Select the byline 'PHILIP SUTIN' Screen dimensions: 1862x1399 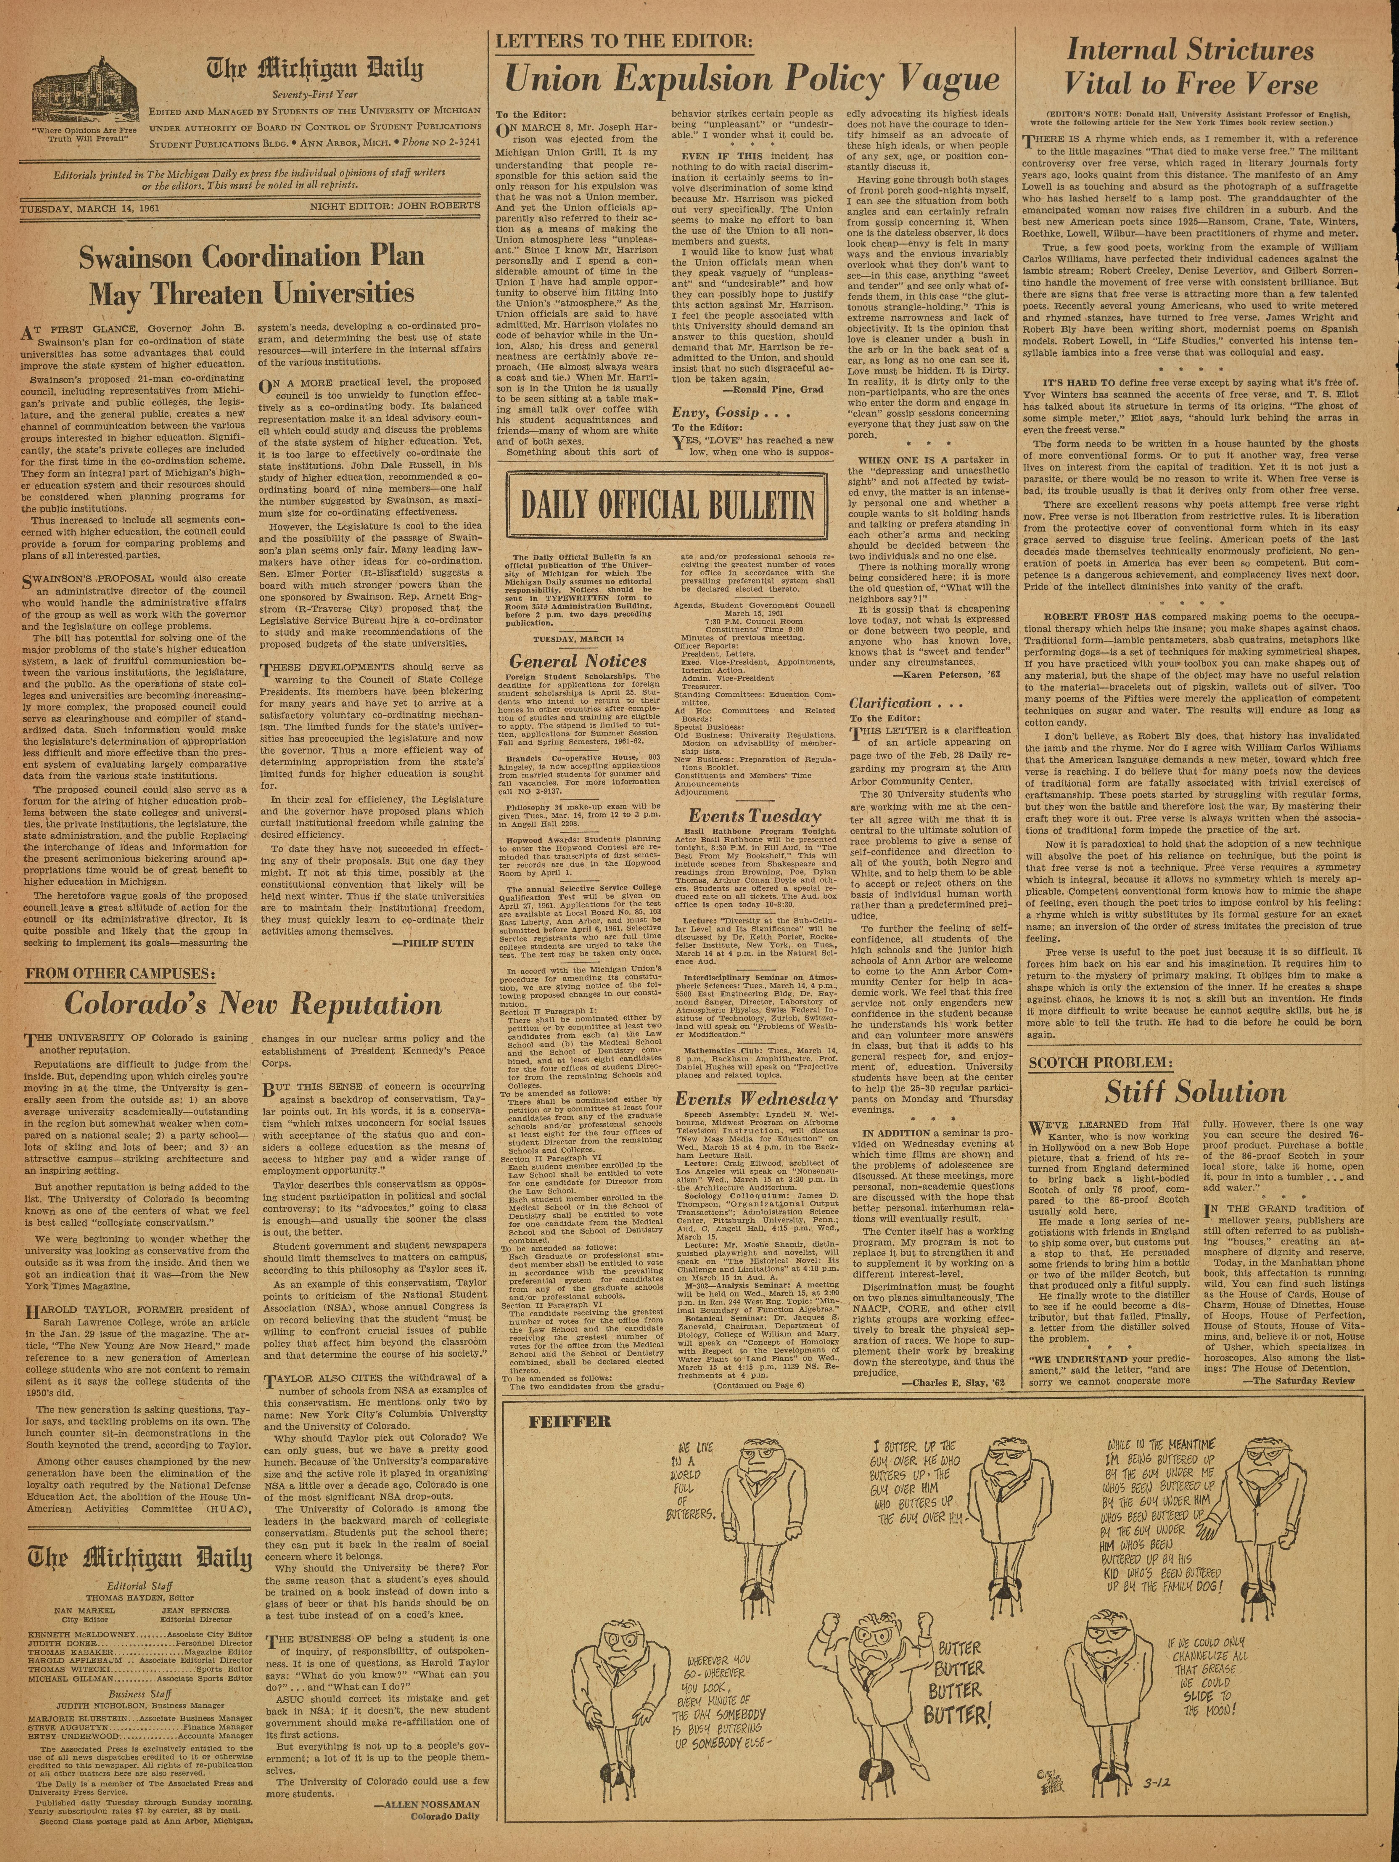click(433, 944)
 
